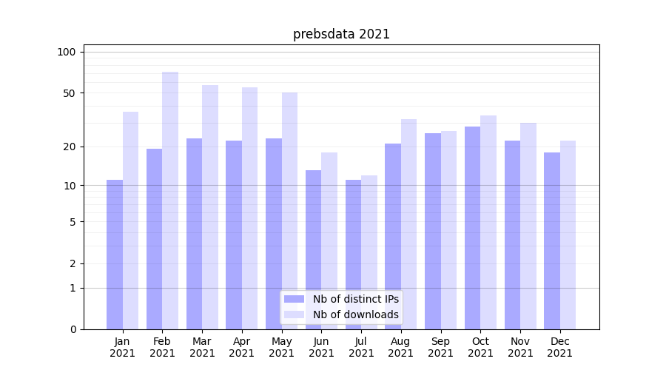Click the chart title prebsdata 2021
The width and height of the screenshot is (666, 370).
(341, 34)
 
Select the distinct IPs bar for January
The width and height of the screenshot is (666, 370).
(115, 255)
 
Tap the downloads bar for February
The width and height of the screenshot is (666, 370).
(170, 200)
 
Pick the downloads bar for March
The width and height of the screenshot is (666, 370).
(210, 207)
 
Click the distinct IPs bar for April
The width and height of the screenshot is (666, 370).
(234, 235)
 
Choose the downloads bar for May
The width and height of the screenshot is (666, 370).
(289, 211)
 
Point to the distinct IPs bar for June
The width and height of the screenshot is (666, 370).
(314, 249)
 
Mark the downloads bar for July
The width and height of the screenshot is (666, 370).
(369, 252)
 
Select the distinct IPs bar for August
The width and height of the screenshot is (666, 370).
(393, 236)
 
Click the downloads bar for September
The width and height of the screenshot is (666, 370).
(448, 230)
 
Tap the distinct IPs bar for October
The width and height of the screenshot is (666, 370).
(472, 228)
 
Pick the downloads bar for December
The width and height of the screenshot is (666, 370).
(568, 235)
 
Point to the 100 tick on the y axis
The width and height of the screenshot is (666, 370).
(67, 52)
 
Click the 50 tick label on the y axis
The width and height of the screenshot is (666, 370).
(70, 93)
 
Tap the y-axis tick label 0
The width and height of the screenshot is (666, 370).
(73, 329)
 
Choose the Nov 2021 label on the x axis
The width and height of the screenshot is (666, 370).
(520, 347)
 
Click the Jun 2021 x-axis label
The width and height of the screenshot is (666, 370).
(321, 347)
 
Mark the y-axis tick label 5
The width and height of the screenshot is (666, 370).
(73, 222)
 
